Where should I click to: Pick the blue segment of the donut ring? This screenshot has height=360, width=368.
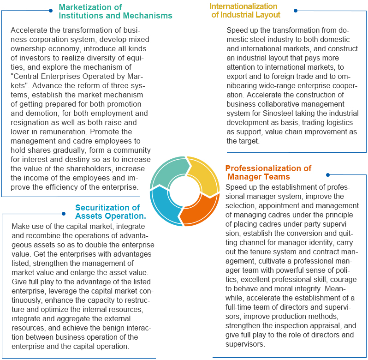pos(164,208)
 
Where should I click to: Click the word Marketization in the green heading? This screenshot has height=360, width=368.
pos(90,7)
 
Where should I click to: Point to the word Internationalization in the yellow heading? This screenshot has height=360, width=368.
pos(243,6)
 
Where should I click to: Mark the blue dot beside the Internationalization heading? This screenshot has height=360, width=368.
pos(296,10)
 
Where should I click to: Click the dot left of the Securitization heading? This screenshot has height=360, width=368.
pos(64,213)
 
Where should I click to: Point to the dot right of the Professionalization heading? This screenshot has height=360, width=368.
pos(327,175)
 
